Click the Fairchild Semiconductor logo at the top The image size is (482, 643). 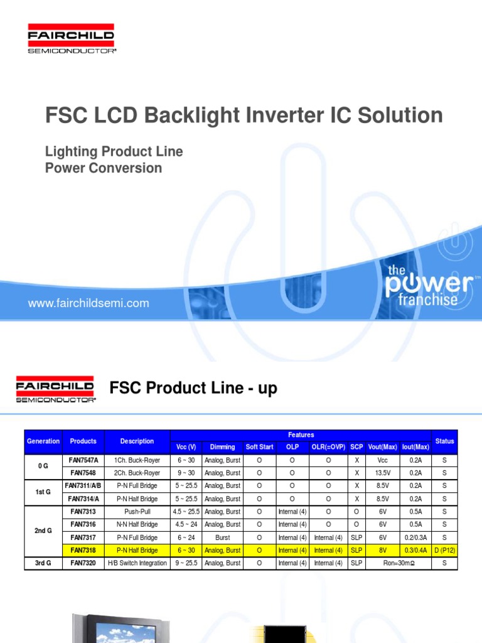point(71,39)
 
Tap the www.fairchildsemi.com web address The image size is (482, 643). point(88,303)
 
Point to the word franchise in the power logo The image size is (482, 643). point(428,300)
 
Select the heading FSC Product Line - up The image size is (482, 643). point(193,389)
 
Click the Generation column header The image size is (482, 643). point(43,441)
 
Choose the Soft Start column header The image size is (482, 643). point(259,447)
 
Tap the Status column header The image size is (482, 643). point(444,441)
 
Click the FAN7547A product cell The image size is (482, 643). point(83,460)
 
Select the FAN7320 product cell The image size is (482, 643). point(83,563)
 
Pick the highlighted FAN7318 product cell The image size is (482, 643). point(83,550)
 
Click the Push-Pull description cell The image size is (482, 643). point(137,512)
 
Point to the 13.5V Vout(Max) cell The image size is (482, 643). point(382,473)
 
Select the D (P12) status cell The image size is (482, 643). point(444,550)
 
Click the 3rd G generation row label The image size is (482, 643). point(43,563)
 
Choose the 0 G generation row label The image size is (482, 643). point(43,467)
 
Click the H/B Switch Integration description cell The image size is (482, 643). point(137,563)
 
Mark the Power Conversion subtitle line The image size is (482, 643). point(104,168)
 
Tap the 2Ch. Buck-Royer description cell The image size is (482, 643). point(137,473)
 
